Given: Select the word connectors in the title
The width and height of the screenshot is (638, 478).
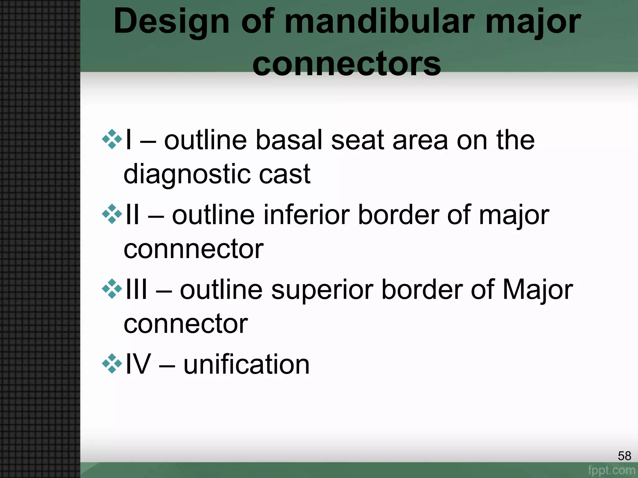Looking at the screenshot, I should click(346, 64).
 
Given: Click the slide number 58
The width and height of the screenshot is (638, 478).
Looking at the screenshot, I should click(624, 456).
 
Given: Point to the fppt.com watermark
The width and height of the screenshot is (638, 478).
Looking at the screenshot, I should click(612, 470).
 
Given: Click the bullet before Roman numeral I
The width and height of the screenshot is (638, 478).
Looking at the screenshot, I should click(112, 139).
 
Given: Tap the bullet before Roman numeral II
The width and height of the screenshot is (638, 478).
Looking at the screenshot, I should click(112, 214).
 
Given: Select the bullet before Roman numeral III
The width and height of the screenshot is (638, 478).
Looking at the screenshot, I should click(112, 289).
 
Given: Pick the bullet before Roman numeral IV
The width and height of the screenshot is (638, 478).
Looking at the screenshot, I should click(112, 363).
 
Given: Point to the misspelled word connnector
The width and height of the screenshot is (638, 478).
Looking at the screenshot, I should click(193, 249).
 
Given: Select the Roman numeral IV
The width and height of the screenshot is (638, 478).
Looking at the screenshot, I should click(138, 364).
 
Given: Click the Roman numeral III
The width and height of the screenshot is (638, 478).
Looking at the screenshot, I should click(136, 289).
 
